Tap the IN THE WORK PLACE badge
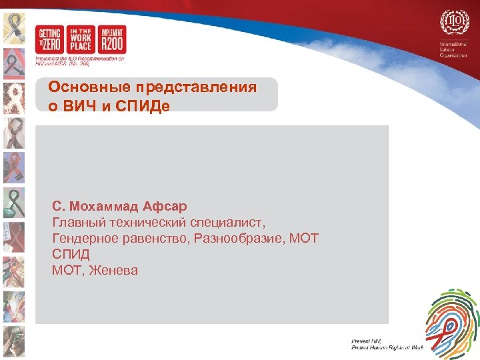pyautogui.click(x=81, y=40)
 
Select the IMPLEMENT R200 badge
pyautogui.click(x=112, y=40)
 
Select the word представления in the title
pyautogui.click(x=195, y=88)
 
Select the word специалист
pyautogui.click(x=232, y=222)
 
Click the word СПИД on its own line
pyautogui.click(x=71, y=254)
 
